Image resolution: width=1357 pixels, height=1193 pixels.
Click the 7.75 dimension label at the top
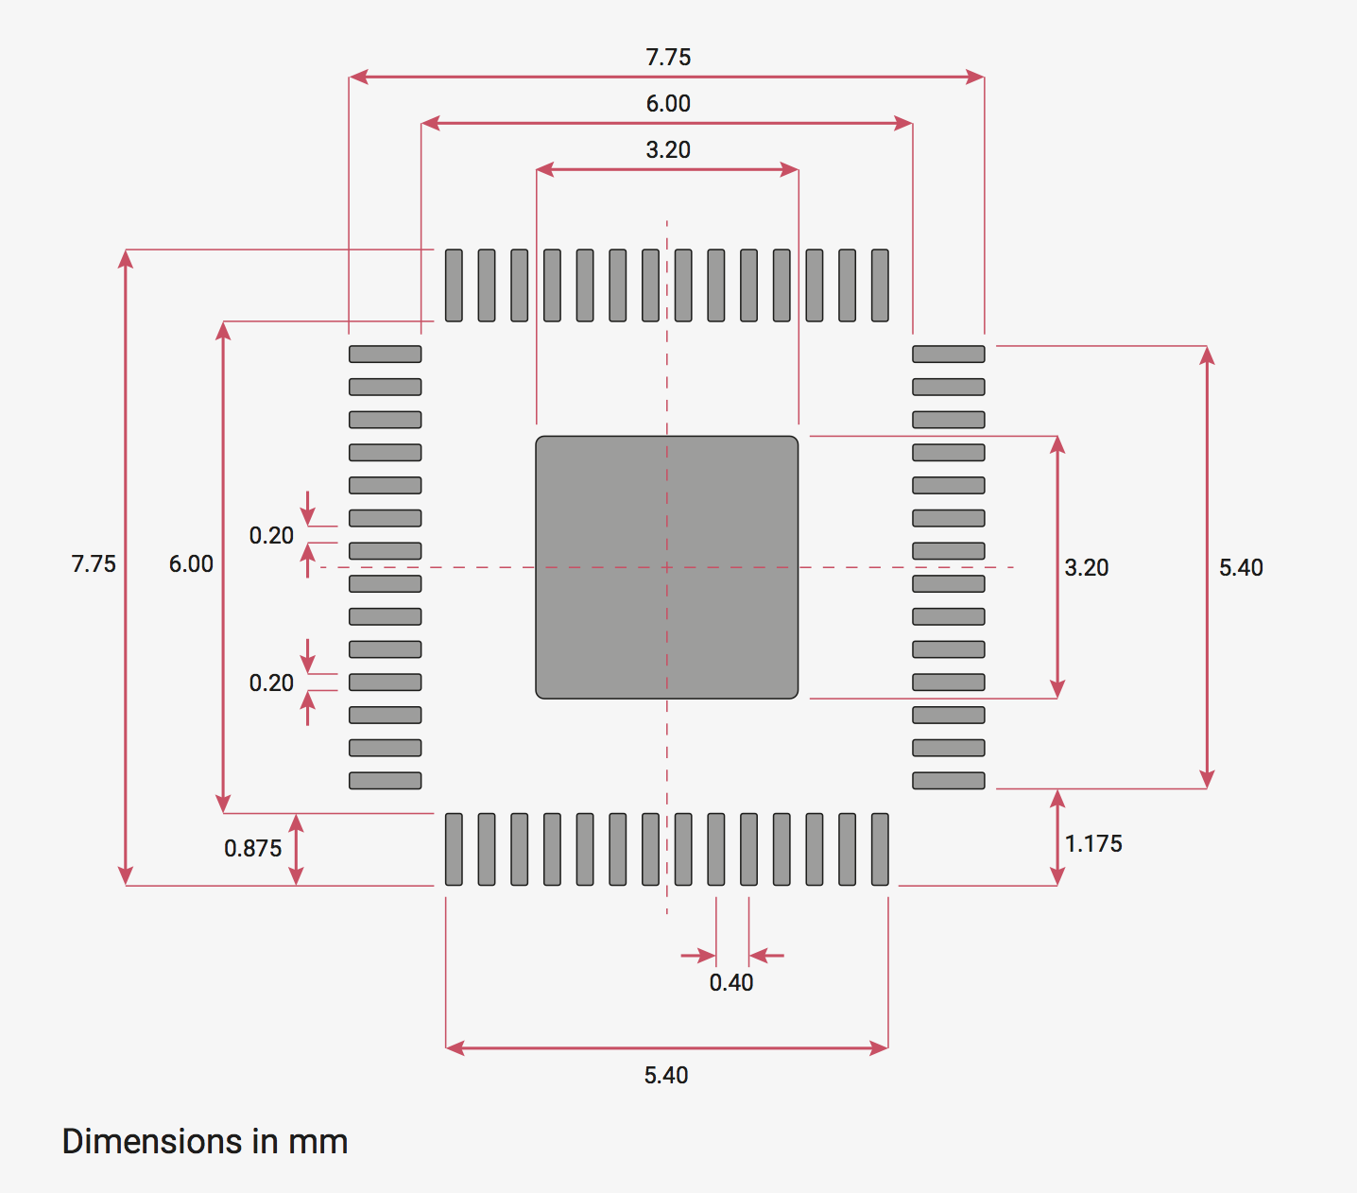click(668, 58)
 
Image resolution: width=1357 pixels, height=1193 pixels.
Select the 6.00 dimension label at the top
click(668, 104)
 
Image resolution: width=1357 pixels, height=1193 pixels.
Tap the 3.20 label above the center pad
click(668, 150)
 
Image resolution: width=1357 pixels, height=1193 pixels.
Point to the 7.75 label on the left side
click(94, 564)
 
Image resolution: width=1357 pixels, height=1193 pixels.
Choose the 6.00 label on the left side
click(191, 564)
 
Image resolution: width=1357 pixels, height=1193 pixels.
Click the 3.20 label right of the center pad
click(1087, 568)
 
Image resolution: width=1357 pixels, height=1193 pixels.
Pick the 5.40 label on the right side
click(1241, 568)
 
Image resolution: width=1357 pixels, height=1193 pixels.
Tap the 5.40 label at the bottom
click(666, 1076)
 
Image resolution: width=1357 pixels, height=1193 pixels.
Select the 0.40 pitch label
click(731, 983)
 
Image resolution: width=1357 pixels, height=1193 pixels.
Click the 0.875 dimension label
click(253, 849)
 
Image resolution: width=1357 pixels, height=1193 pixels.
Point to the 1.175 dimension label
click(1093, 844)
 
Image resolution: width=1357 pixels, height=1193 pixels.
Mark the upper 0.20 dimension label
click(271, 536)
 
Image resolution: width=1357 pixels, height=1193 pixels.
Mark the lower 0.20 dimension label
click(271, 683)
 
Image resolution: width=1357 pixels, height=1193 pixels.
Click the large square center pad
click(667, 567)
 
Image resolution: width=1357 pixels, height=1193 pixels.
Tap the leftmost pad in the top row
click(454, 285)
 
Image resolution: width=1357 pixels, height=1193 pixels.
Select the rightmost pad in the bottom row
click(880, 849)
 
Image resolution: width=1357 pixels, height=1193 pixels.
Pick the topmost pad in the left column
click(385, 354)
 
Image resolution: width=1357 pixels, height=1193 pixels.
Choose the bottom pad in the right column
click(948, 781)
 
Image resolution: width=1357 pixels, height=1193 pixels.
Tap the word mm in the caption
click(318, 1142)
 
